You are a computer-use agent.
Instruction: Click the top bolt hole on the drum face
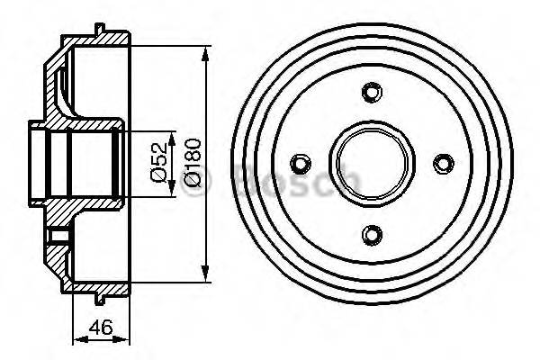point(370,92)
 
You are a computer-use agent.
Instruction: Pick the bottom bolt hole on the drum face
point(370,234)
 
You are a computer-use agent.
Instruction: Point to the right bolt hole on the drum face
point(441,163)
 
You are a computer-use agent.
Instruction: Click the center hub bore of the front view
point(370,163)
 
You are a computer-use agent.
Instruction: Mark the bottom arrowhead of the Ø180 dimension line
point(209,272)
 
